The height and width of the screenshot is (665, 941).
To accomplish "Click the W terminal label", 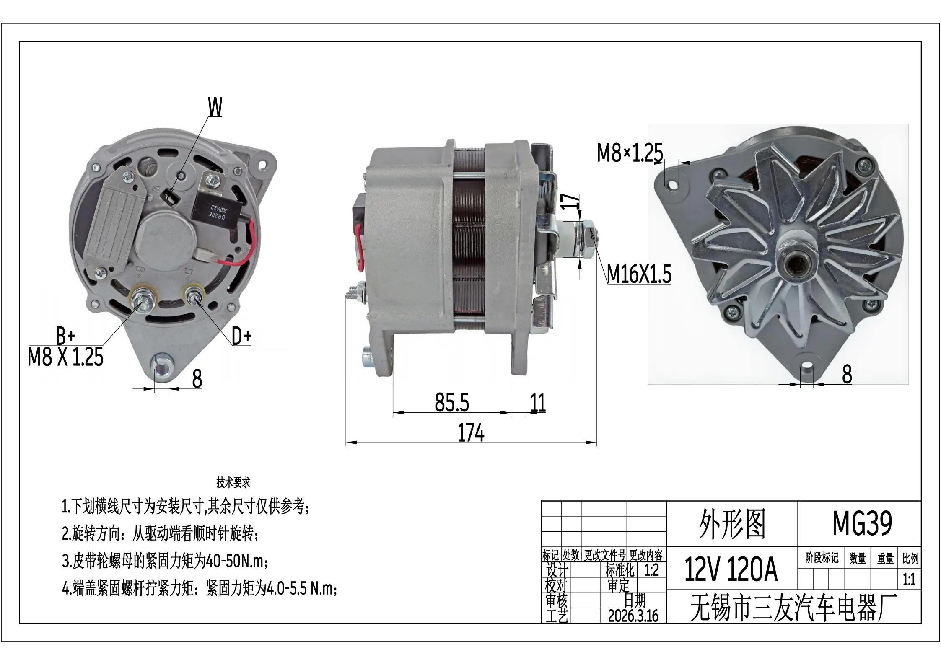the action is (x=215, y=107).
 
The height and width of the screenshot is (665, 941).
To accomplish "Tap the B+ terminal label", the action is (x=65, y=336).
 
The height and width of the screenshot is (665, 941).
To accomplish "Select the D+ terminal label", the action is (x=241, y=336).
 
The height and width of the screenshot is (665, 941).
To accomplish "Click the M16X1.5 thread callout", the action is (x=639, y=274).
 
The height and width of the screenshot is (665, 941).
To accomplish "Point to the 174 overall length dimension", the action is (x=471, y=433).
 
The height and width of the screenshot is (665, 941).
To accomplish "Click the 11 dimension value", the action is (x=538, y=403).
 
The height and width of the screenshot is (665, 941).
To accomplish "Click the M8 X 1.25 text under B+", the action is (x=65, y=357).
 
